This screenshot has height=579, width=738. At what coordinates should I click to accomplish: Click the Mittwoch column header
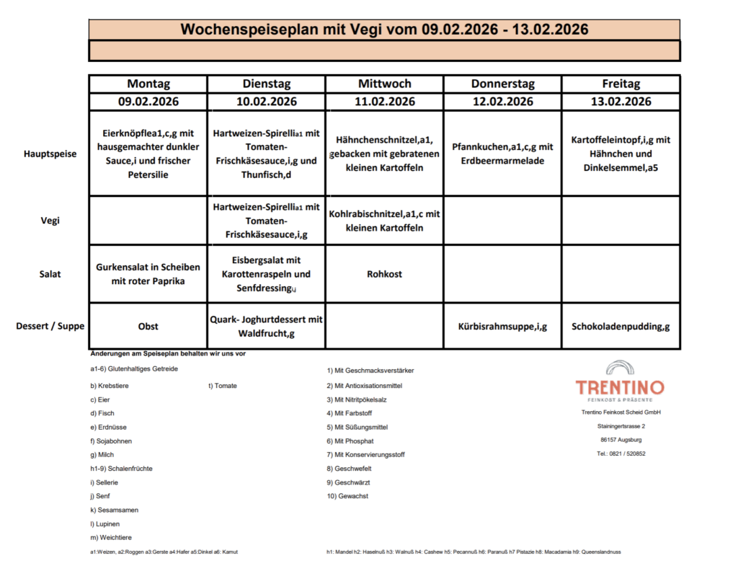tap(384, 84)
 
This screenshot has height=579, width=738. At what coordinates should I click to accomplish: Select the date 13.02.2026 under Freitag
tap(621, 102)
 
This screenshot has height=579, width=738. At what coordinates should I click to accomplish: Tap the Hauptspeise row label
tap(50, 154)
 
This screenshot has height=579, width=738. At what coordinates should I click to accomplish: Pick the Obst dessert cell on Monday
tap(148, 326)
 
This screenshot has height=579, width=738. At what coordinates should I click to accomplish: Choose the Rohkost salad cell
tap(384, 274)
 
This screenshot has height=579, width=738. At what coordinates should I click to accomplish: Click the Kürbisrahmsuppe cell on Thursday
tap(502, 326)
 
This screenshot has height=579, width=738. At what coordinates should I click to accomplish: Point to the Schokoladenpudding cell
tap(621, 326)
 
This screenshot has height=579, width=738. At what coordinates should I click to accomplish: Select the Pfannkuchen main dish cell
tap(502, 154)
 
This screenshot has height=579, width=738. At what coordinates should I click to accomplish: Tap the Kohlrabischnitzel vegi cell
tap(384, 221)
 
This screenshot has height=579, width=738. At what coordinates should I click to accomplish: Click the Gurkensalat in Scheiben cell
tap(148, 274)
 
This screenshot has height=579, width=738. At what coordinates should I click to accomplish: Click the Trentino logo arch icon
tap(620, 368)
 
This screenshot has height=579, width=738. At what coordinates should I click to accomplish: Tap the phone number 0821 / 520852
tap(621, 454)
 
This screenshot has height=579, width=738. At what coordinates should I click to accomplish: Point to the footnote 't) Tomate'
tap(222, 386)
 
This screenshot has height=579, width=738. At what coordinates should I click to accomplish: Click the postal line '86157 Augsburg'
tap(621, 439)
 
